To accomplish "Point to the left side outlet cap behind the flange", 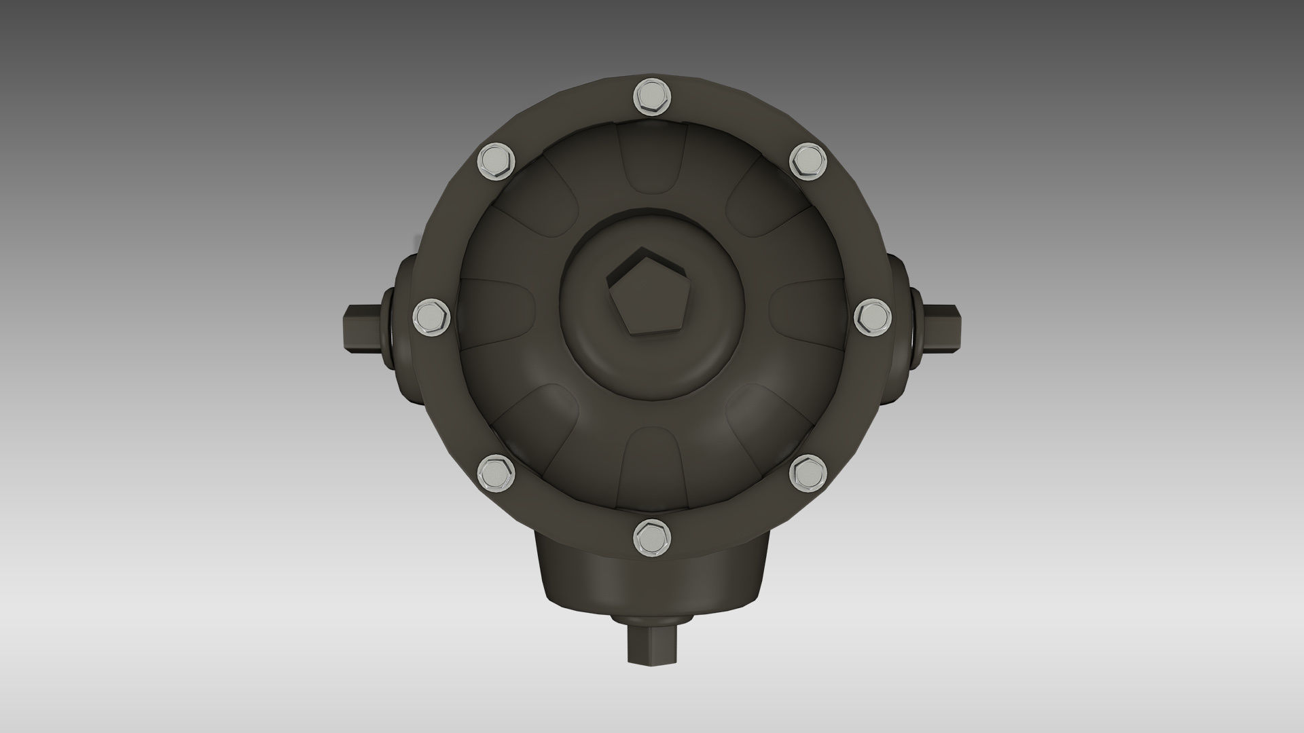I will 404,326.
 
